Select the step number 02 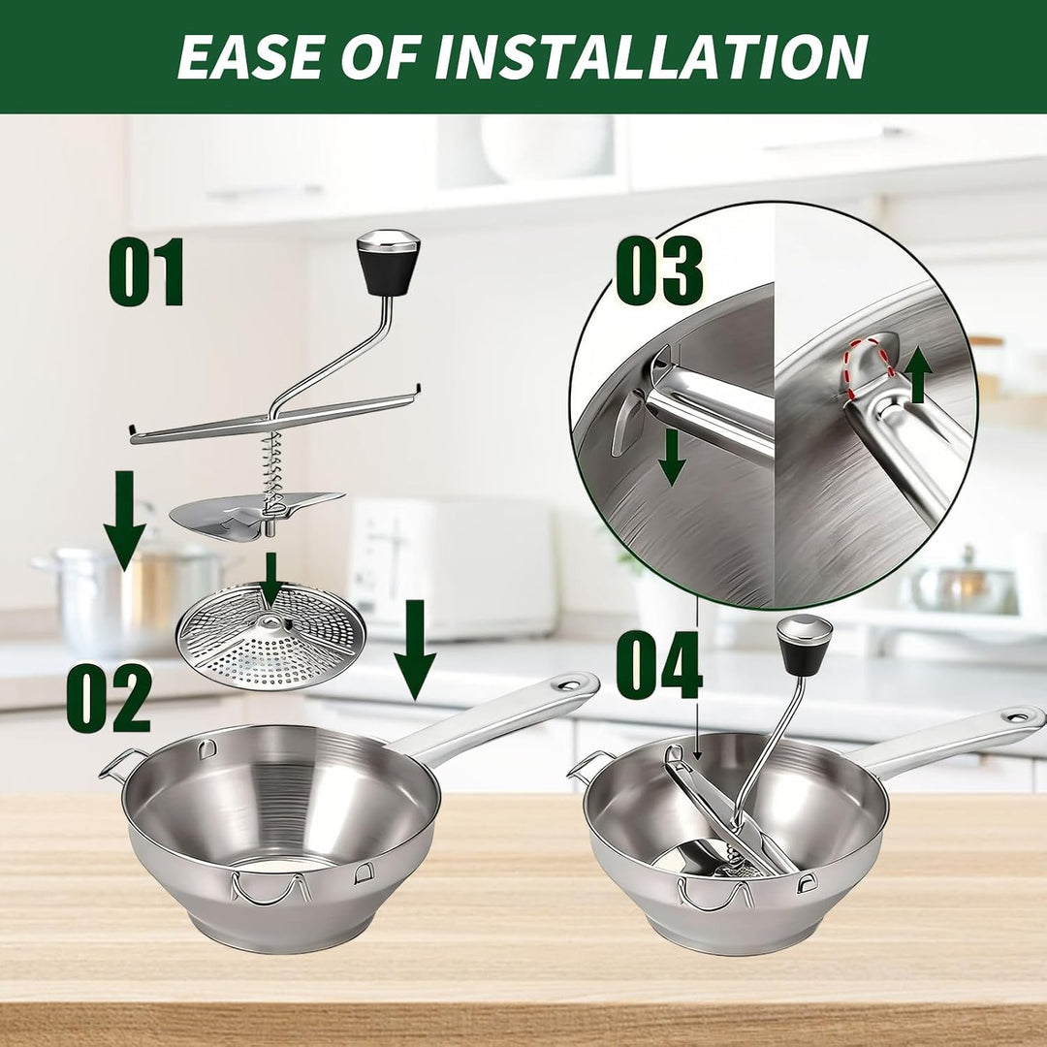pos(109,698)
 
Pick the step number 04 pos(658,665)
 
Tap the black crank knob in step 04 pos(806,645)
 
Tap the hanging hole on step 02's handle pos(568,684)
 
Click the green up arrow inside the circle pos(919,375)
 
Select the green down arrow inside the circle pos(673,458)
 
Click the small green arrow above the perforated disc pos(270,578)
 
